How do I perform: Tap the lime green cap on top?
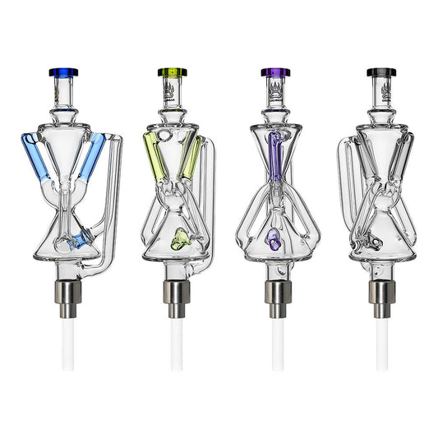[x=172, y=72]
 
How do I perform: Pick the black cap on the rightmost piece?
[x=379, y=72]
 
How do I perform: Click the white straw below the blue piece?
[x=69, y=345]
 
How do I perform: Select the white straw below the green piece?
[x=175, y=345]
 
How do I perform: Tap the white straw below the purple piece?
[x=278, y=345]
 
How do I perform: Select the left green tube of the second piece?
[x=154, y=156]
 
